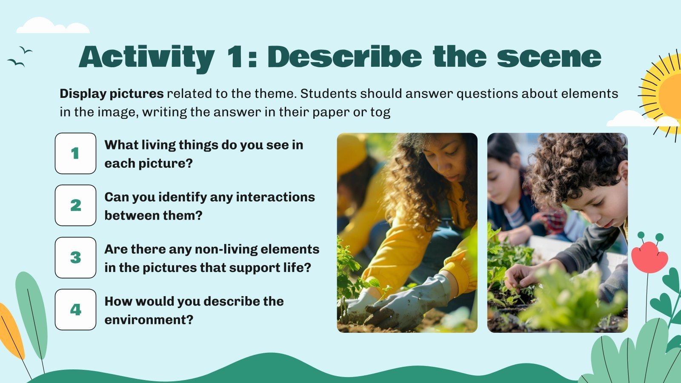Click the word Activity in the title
[147, 57]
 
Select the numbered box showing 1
[75, 153]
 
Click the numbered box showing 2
[75, 205]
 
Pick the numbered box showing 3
[75, 257]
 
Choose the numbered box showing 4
[75, 309]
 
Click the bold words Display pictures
[112, 94]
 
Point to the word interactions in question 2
[275, 197]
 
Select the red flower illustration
[649, 256]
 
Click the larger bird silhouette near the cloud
[16, 63]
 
